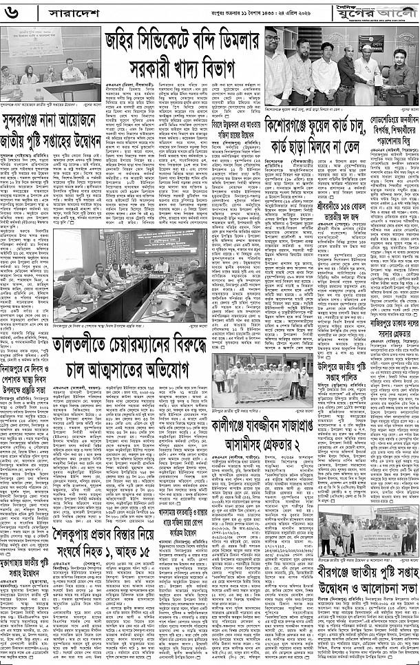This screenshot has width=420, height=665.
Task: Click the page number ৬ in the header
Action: (x=12, y=12)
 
